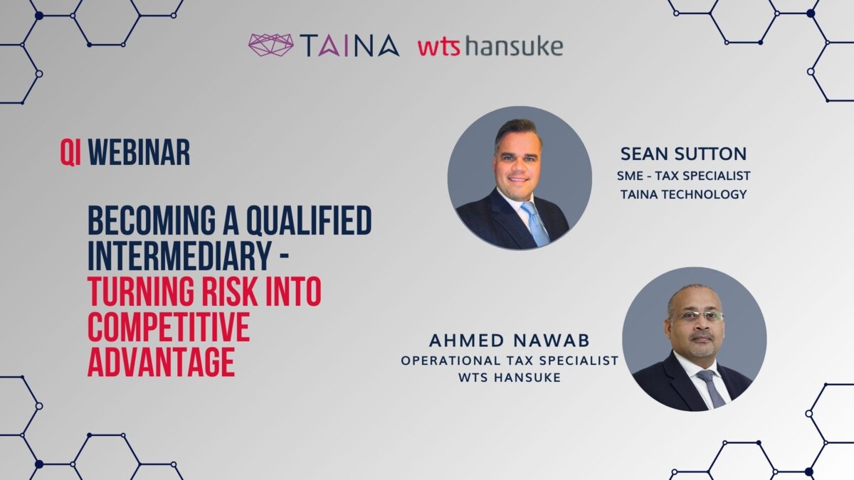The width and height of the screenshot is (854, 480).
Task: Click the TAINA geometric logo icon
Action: tap(270, 45)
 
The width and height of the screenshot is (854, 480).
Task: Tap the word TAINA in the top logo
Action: tap(349, 46)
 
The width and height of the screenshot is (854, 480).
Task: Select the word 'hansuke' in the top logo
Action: tap(514, 46)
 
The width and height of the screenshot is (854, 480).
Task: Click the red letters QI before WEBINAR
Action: tap(70, 152)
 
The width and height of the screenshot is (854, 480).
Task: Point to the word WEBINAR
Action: tap(139, 152)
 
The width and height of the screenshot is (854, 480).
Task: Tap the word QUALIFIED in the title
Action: tap(310, 220)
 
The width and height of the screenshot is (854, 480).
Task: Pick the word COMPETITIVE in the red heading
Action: tap(169, 327)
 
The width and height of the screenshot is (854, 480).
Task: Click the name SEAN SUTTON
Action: tap(684, 154)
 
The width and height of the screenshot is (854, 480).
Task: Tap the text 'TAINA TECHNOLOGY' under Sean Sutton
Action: tap(684, 194)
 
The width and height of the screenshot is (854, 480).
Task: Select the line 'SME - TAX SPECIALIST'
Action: tap(684, 176)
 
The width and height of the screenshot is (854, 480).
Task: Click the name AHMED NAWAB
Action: tap(510, 341)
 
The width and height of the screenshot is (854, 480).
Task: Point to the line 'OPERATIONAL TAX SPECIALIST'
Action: tap(510, 361)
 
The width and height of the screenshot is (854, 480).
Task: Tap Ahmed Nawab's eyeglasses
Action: tap(697, 316)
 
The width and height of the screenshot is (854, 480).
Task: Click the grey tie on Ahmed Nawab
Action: tap(712, 388)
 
